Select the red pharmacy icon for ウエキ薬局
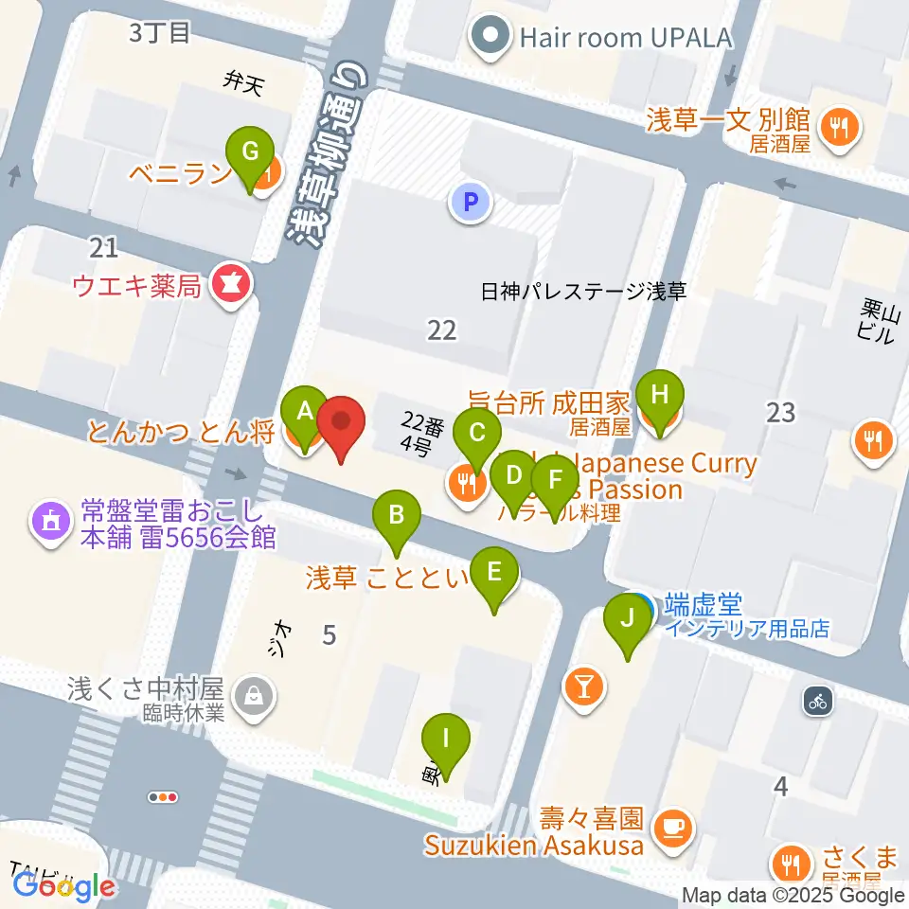pyautogui.click(x=228, y=283)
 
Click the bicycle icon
pyautogui.click(x=818, y=702)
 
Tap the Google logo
pyautogui.click(x=64, y=887)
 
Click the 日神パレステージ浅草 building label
pyautogui.click(x=582, y=292)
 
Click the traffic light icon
pyautogui.click(x=164, y=797)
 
